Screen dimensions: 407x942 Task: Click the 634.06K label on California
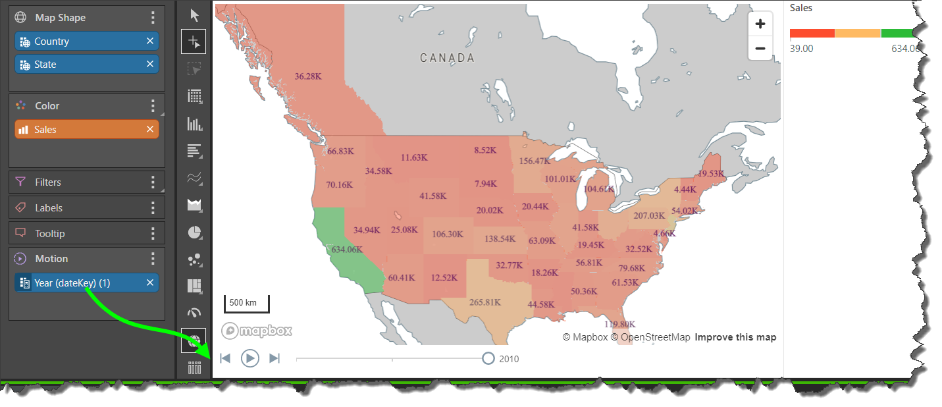coord(347,250)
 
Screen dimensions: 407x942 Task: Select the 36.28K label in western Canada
coord(308,76)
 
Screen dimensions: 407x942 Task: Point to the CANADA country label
coord(447,58)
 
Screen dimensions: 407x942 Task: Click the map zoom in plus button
coord(760,24)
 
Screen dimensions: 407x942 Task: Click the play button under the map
coord(250,358)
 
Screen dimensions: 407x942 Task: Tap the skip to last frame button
coord(275,358)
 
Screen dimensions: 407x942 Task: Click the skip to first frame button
coord(225,358)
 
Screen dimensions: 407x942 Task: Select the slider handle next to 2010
coord(488,358)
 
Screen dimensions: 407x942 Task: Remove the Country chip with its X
coord(150,41)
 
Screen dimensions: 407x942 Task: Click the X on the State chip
coord(150,64)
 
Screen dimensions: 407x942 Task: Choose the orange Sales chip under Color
coord(79,130)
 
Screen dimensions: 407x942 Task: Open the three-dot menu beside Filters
coord(153,182)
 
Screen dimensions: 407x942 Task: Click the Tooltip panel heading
coord(49,233)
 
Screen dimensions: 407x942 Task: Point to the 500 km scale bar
coord(247,304)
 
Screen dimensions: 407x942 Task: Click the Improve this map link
coord(735,337)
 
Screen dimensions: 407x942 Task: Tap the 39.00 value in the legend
coord(801,49)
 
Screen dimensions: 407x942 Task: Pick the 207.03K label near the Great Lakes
coord(649,215)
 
